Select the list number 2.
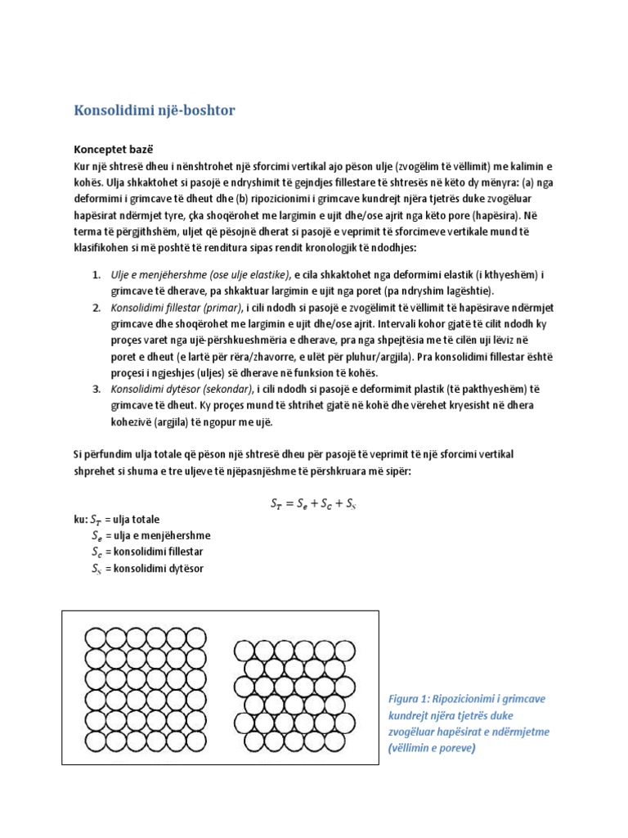click(96, 307)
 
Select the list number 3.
click(96, 389)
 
